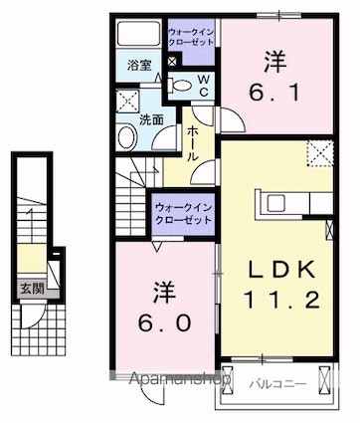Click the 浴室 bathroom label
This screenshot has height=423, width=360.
[x=138, y=66]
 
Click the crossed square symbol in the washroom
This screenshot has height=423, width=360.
[x=126, y=99]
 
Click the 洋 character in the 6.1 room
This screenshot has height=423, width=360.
[x=274, y=62]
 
